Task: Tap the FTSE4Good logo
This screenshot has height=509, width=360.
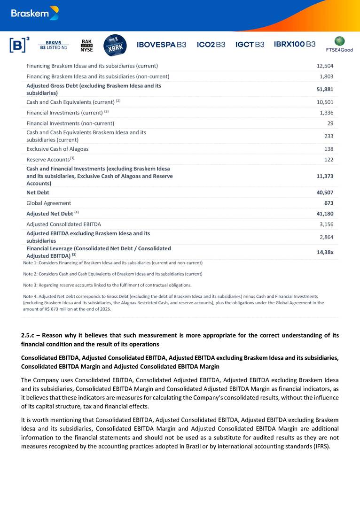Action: [x=339, y=44]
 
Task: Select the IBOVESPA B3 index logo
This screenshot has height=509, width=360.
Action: [x=161, y=45]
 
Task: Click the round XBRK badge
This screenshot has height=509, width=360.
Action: [x=115, y=45]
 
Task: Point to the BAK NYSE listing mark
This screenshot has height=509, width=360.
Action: [x=87, y=45]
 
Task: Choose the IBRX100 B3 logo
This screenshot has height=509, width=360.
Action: [x=295, y=44]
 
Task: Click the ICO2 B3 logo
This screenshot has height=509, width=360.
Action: [x=211, y=45]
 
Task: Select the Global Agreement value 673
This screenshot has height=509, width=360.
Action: [x=329, y=203]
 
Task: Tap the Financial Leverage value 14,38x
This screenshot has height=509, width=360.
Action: [x=325, y=252]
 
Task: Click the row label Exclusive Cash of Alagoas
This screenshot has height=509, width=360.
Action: [x=57, y=149]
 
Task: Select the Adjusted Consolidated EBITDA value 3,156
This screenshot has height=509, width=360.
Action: [x=326, y=224]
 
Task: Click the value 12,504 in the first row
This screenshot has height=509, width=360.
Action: [x=325, y=66]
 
